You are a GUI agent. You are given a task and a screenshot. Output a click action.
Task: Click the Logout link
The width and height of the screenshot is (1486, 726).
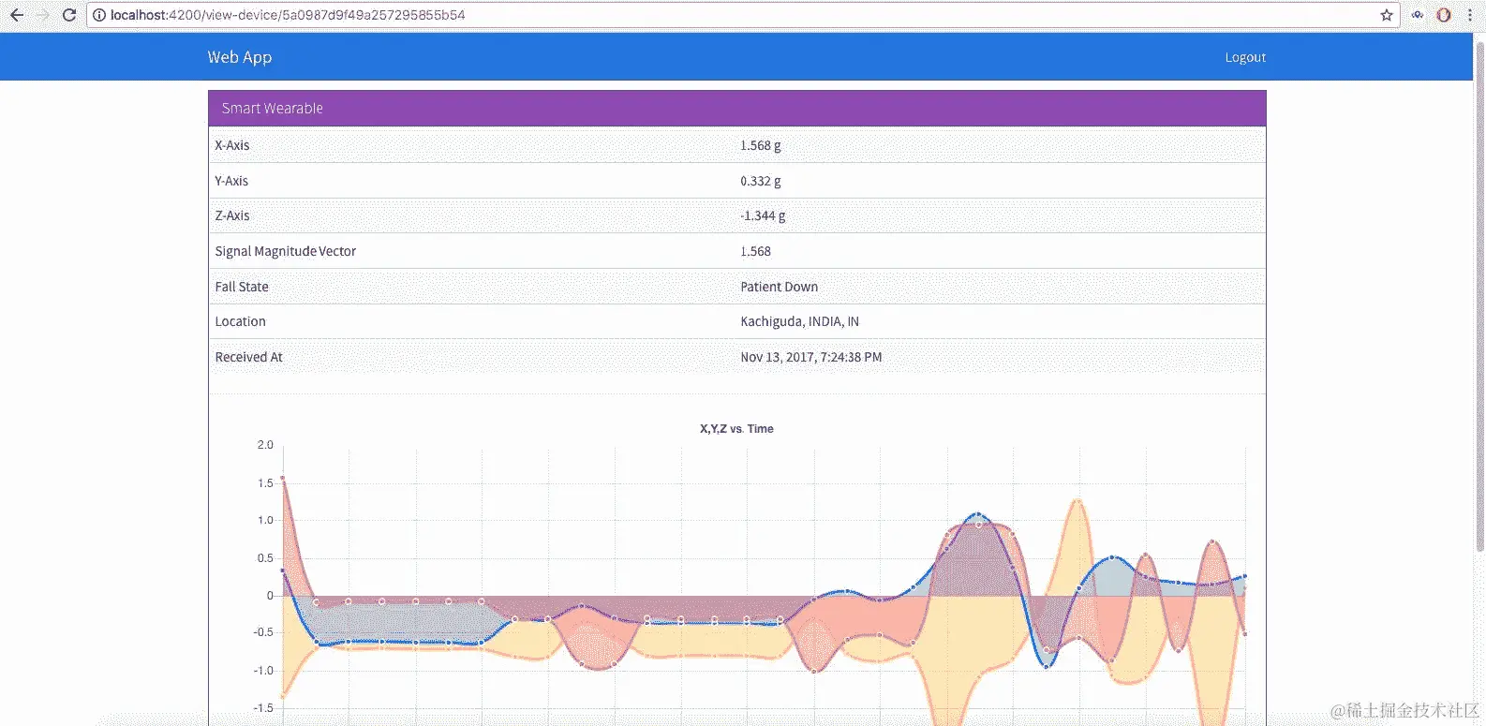[1245, 57]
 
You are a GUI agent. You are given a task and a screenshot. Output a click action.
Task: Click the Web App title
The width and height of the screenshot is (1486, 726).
[240, 57]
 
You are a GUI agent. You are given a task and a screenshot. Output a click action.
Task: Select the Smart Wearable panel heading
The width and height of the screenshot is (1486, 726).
[273, 109]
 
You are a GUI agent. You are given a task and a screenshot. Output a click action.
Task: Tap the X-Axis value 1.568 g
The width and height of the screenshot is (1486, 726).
[760, 145]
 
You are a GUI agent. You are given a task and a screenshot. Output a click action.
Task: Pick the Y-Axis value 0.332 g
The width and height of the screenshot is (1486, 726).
[760, 181]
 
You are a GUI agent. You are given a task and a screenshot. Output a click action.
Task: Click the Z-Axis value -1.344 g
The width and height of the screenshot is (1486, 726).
[763, 215]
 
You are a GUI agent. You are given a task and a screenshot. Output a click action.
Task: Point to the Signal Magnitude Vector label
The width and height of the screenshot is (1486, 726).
[286, 251]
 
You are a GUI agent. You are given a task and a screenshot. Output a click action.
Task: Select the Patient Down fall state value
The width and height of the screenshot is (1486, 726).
[779, 287]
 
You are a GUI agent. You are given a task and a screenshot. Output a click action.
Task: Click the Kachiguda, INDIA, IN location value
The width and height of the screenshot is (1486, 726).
[799, 321]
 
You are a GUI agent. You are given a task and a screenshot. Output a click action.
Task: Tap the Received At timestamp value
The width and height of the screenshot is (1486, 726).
[810, 357]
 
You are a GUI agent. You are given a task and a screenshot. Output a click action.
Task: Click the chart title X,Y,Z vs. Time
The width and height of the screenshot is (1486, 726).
[736, 429]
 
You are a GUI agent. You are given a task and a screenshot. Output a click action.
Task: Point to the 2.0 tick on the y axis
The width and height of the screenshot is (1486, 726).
[265, 445]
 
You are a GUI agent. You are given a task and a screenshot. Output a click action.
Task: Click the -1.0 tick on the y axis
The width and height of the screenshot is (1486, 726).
[263, 671]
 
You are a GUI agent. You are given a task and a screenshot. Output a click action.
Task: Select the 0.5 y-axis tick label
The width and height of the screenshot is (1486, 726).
[265, 558]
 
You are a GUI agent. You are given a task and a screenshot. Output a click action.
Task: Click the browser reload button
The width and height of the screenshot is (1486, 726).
[68, 15]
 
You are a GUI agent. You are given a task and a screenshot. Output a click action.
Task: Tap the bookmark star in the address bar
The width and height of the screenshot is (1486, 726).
[1387, 15]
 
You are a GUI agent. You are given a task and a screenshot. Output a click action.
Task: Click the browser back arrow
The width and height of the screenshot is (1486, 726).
[17, 15]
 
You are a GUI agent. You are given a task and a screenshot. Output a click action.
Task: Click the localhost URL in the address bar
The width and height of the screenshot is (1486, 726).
[287, 15]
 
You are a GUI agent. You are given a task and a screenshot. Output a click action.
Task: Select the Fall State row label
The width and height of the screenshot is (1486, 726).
[242, 287]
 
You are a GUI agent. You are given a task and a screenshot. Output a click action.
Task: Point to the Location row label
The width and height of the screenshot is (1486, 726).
[240, 321]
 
